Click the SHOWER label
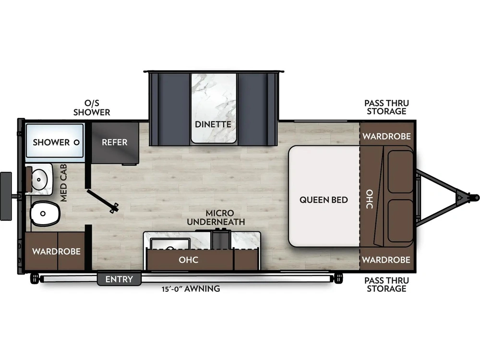pyautogui.click(x=51, y=143)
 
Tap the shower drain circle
pyautogui.click(x=77, y=143)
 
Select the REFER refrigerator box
pyautogui.click(x=115, y=143)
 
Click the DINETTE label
pyautogui.click(x=213, y=124)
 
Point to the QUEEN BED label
pyautogui.click(x=324, y=200)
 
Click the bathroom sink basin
pyautogui.click(x=40, y=179)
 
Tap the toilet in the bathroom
pyautogui.click(x=45, y=214)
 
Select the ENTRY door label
pyautogui.click(x=119, y=279)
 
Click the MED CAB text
pyautogui.click(x=64, y=183)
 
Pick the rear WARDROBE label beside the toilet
pyautogui.click(x=56, y=252)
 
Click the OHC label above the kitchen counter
pyautogui.click(x=189, y=260)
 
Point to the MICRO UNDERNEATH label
pyautogui.click(x=216, y=217)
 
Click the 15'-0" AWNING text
pyautogui.click(x=191, y=288)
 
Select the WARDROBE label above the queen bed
pyautogui.click(x=386, y=136)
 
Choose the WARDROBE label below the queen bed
pyautogui.click(x=386, y=260)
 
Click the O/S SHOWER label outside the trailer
pyautogui.click(x=92, y=108)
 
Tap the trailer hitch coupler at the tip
pyautogui.click(x=475, y=198)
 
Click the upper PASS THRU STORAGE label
pyautogui.click(x=386, y=107)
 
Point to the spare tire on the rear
pyautogui.click(x=6, y=196)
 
